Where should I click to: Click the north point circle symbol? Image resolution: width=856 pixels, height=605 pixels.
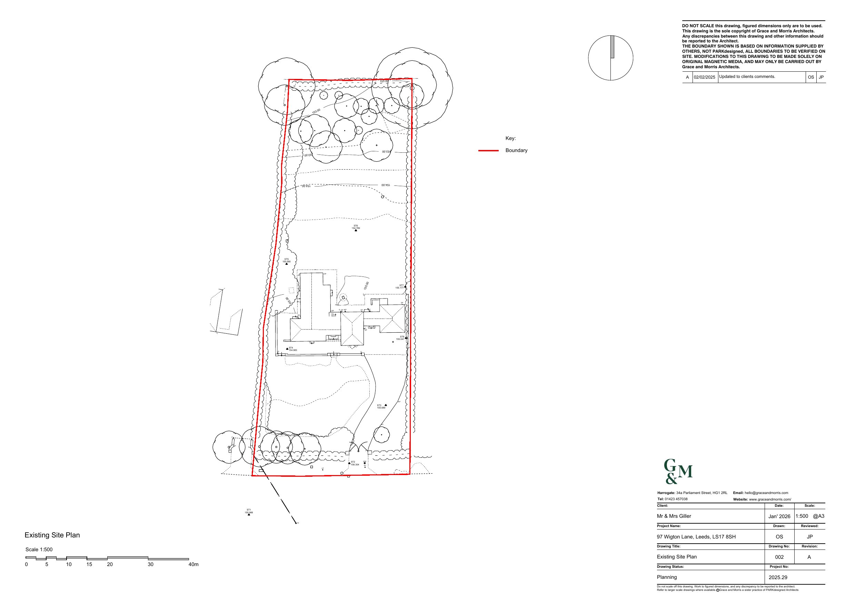(x=610, y=58)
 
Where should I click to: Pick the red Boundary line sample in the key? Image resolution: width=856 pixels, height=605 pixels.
(x=488, y=151)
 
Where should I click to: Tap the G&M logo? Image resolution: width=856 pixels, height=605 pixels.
(x=677, y=472)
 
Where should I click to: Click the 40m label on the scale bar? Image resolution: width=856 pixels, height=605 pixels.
(x=193, y=564)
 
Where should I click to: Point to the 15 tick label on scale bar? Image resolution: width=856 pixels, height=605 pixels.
(x=89, y=564)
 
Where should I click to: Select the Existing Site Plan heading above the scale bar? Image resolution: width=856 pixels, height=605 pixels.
(x=52, y=535)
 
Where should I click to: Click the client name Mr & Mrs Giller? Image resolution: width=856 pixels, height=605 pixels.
(x=674, y=516)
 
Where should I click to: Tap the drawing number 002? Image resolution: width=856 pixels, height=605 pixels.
(x=779, y=557)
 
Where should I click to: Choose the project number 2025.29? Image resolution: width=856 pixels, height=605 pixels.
(x=778, y=577)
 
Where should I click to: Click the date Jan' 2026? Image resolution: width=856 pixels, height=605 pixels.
(x=779, y=516)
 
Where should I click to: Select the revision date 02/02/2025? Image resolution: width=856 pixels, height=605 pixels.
(x=705, y=77)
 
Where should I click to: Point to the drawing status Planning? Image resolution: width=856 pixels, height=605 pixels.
(x=667, y=577)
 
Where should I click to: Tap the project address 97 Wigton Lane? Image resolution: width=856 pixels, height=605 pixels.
(x=696, y=537)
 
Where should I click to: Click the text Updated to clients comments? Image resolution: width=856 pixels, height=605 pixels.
(x=747, y=77)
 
